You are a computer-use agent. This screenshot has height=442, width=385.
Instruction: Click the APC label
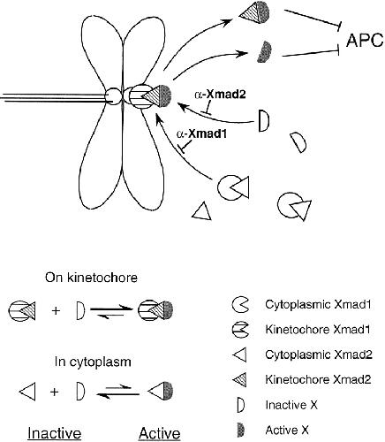click(x=365, y=41)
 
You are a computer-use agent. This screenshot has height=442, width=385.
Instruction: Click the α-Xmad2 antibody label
click(x=220, y=95)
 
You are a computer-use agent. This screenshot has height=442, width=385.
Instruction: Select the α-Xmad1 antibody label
click(x=201, y=133)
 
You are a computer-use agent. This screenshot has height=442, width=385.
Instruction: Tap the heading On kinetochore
click(x=91, y=278)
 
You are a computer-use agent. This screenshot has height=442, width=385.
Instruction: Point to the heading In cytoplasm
click(x=93, y=362)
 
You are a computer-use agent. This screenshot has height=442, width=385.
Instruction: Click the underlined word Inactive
click(x=55, y=433)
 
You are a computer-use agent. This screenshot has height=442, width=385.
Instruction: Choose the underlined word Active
click(x=160, y=433)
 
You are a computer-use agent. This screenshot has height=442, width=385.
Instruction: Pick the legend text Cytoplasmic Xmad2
click(x=319, y=354)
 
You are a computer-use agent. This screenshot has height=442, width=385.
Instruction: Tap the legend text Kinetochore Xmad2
click(x=318, y=379)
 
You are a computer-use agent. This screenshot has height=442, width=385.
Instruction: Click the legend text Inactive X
click(x=291, y=405)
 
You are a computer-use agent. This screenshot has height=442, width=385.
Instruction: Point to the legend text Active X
click(x=287, y=431)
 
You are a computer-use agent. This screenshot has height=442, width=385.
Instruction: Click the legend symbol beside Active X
click(x=241, y=431)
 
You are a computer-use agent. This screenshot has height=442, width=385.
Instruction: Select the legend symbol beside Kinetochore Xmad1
click(x=240, y=330)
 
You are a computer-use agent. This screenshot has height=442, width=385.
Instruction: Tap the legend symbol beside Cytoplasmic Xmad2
click(x=240, y=354)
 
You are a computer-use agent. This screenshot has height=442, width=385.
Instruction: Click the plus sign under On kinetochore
click(x=56, y=310)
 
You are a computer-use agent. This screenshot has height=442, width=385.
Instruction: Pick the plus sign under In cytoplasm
click(x=55, y=392)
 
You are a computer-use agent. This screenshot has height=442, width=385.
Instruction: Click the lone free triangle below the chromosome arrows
click(x=202, y=212)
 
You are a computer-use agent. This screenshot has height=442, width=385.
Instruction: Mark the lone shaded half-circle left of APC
click(x=265, y=52)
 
